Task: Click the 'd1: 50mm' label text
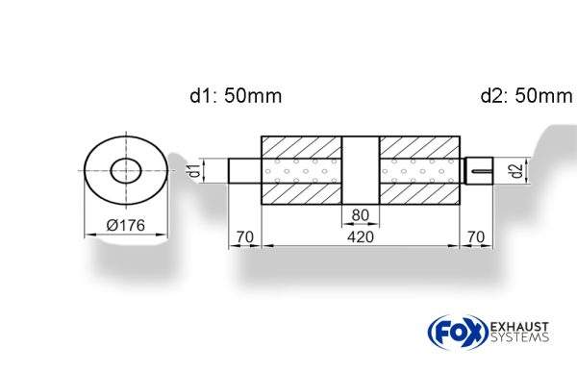(x=235, y=96)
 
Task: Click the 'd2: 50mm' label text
(x=525, y=96)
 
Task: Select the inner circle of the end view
(x=126, y=172)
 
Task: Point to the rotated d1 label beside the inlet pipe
(x=194, y=172)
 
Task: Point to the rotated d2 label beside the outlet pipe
(x=516, y=172)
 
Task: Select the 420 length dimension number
(x=361, y=236)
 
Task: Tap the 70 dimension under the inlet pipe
(x=244, y=236)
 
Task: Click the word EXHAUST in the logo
(x=521, y=325)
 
